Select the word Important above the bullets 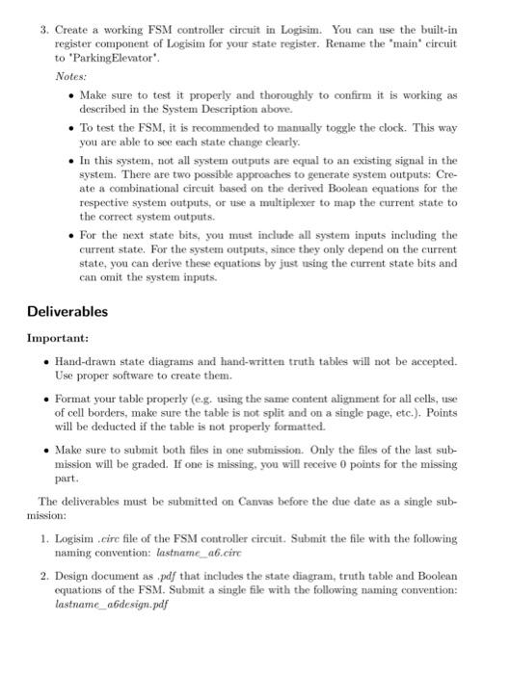(x=59, y=339)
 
